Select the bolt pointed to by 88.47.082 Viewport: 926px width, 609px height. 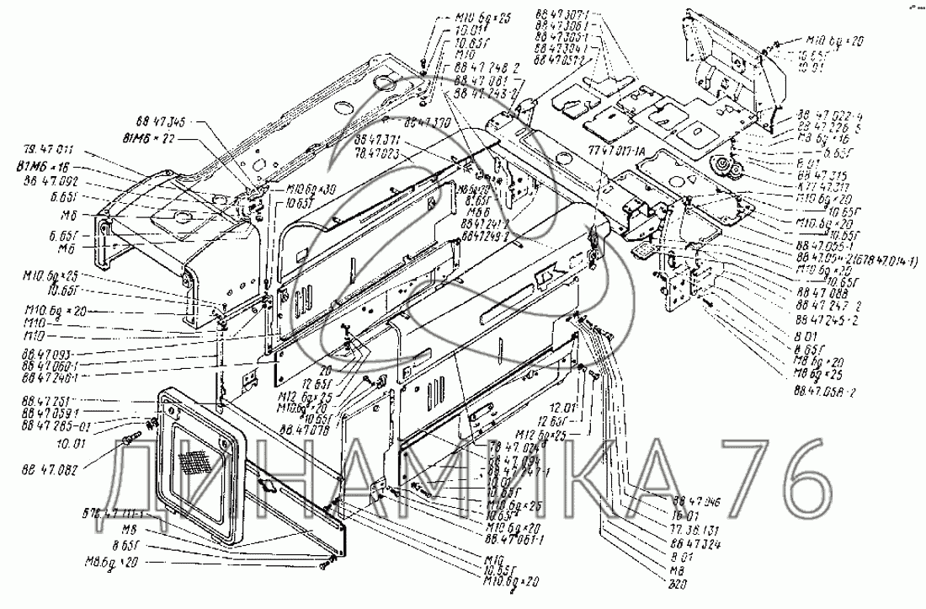pyautogui.click(x=133, y=439)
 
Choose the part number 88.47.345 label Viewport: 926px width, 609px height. pyautogui.click(x=160, y=122)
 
